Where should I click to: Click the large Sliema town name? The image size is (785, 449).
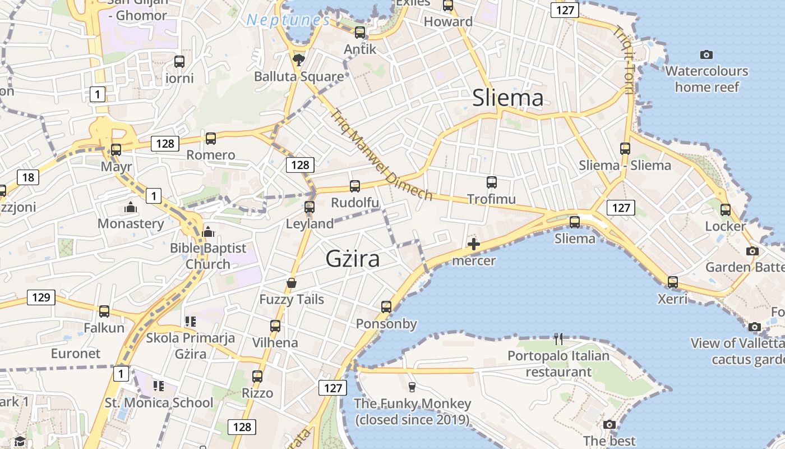click(x=507, y=98)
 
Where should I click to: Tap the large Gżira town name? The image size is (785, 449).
click(x=353, y=259)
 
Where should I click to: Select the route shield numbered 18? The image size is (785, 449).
click(x=28, y=178)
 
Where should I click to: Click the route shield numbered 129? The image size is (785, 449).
click(x=41, y=297)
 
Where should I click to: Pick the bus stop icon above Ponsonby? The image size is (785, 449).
click(x=386, y=307)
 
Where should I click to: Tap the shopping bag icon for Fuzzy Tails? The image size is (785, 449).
click(x=292, y=283)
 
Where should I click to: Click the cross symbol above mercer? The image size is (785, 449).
click(x=474, y=244)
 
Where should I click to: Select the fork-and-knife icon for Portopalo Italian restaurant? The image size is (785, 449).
click(x=558, y=339)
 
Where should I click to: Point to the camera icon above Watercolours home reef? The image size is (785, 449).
click(x=706, y=54)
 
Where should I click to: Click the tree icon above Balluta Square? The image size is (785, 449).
click(x=299, y=59)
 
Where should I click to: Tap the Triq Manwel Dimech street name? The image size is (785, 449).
click(x=381, y=155)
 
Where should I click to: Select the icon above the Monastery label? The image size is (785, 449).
click(x=131, y=208)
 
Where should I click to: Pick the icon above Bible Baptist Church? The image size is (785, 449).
click(x=208, y=232)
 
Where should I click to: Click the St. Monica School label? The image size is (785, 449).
click(x=159, y=402)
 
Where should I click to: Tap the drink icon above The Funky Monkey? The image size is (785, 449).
click(x=412, y=387)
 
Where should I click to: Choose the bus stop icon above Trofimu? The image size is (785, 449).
click(x=492, y=182)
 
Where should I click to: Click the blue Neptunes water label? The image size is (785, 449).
click(x=288, y=20)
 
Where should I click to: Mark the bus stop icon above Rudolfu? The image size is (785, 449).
click(x=354, y=186)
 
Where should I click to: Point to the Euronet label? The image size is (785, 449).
click(x=76, y=354)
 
